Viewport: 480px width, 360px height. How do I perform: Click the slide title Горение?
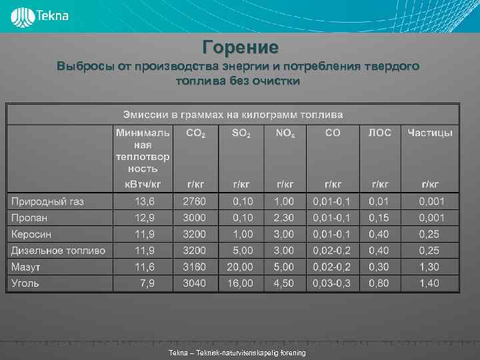tap(240, 48)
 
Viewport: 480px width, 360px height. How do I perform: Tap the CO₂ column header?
tap(196, 133)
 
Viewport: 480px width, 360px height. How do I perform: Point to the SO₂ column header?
tap(241, 133)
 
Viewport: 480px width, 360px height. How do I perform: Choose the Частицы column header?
tap(430, 133)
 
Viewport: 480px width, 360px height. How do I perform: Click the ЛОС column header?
tap(381, 133)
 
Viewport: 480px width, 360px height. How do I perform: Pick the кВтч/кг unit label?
tap(143, 183)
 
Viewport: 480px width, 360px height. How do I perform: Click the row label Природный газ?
tap(47, 201)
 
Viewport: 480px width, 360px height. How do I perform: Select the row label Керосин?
tap(31, 234)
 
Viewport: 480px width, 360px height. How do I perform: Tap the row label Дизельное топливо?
tap(58, 251)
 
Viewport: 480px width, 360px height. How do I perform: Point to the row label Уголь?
tap(25, 283)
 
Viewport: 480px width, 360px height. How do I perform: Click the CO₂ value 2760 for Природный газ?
tap(195, 201)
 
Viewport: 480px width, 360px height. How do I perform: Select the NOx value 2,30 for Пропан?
tap(284, 218)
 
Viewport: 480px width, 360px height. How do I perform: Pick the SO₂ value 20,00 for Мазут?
tap(240, 267)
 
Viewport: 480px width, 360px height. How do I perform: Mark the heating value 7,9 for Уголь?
tap(147, 283)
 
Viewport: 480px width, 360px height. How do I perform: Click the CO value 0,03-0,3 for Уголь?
tap(333, 283)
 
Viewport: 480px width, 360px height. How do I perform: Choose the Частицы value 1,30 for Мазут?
tap(429, 267)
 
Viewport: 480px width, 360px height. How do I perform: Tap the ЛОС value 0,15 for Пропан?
tap(380, 218)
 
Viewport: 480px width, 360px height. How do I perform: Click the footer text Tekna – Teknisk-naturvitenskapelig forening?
tap(237, 353)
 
